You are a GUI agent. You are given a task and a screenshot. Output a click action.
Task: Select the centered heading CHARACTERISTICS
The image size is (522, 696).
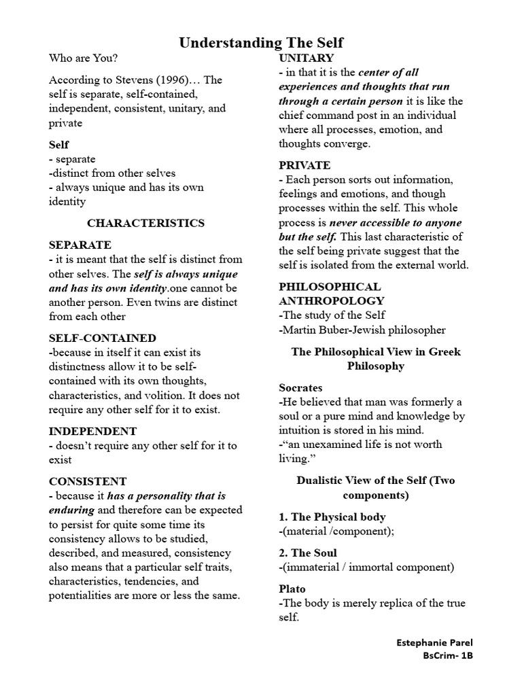coord(145,223)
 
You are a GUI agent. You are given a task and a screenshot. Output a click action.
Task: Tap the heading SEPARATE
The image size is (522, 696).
coord(80,245)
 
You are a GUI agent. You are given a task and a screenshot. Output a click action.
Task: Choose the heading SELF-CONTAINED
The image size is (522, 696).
coord(103,338)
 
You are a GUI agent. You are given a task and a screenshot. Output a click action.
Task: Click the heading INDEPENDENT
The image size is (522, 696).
coord(93,431)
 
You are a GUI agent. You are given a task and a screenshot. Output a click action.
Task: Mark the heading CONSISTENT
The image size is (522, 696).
coord(88,481)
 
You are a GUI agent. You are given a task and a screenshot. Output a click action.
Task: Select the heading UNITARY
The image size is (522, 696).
coord(306,58)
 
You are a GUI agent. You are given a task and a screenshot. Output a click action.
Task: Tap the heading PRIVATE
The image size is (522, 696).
coord(304,165)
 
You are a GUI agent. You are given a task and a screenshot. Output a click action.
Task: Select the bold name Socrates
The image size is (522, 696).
coord(300,387)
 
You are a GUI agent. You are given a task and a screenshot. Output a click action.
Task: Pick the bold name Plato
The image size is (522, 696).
coord(292,589)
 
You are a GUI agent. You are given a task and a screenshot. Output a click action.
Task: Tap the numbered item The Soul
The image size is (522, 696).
coord(308,553)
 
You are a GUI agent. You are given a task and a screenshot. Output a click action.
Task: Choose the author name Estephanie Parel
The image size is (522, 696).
coord(434,642)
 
